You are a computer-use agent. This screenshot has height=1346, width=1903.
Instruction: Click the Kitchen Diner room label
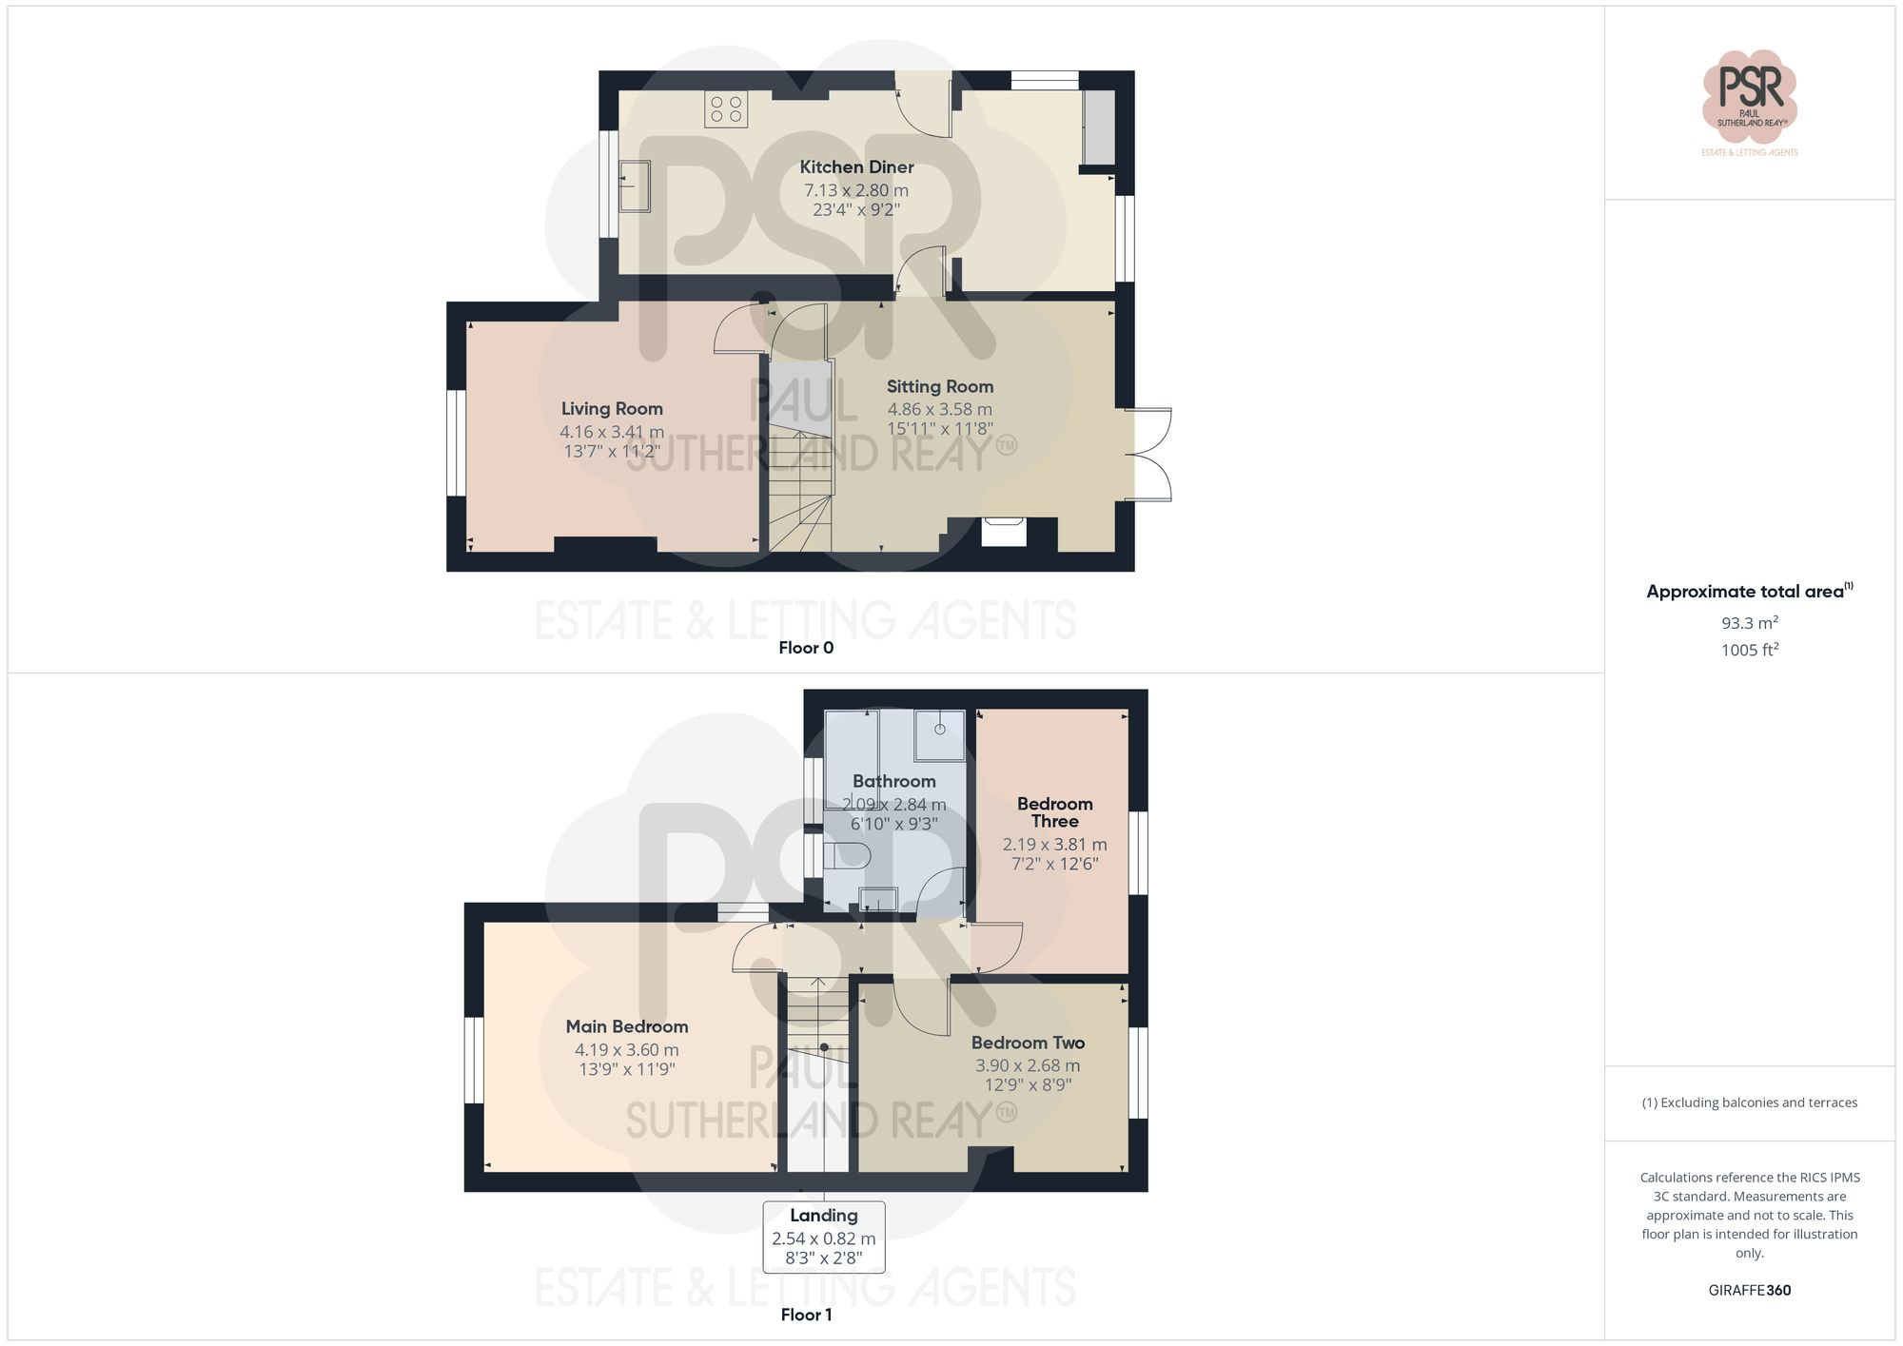856,167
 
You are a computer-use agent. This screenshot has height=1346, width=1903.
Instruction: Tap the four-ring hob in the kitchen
726,109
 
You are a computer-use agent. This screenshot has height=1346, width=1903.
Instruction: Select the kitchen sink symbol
635,185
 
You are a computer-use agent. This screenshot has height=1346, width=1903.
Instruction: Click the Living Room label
612,409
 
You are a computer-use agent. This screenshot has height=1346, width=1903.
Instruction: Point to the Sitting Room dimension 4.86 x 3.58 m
939,410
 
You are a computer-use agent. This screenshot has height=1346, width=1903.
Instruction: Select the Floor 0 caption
806,648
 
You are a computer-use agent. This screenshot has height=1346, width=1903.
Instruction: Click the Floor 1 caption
806,1315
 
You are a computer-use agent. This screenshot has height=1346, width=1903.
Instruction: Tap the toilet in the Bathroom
846,855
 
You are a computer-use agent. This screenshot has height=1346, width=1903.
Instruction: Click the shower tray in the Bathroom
939,735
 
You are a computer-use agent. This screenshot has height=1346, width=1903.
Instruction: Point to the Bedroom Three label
1054,812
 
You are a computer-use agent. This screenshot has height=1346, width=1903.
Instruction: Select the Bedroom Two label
1028,1044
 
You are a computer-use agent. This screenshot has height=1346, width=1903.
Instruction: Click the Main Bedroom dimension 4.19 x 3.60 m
626,1050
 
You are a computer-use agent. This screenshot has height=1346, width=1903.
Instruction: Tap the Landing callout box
824,1237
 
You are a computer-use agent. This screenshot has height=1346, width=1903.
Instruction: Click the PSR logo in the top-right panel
1750,95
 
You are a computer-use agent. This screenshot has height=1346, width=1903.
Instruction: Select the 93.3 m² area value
1750,623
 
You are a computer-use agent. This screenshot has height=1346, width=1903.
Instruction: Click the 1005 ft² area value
1750,651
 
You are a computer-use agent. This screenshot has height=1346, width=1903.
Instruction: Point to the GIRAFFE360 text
1750,1291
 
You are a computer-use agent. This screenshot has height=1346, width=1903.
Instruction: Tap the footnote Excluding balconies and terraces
1750,1103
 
